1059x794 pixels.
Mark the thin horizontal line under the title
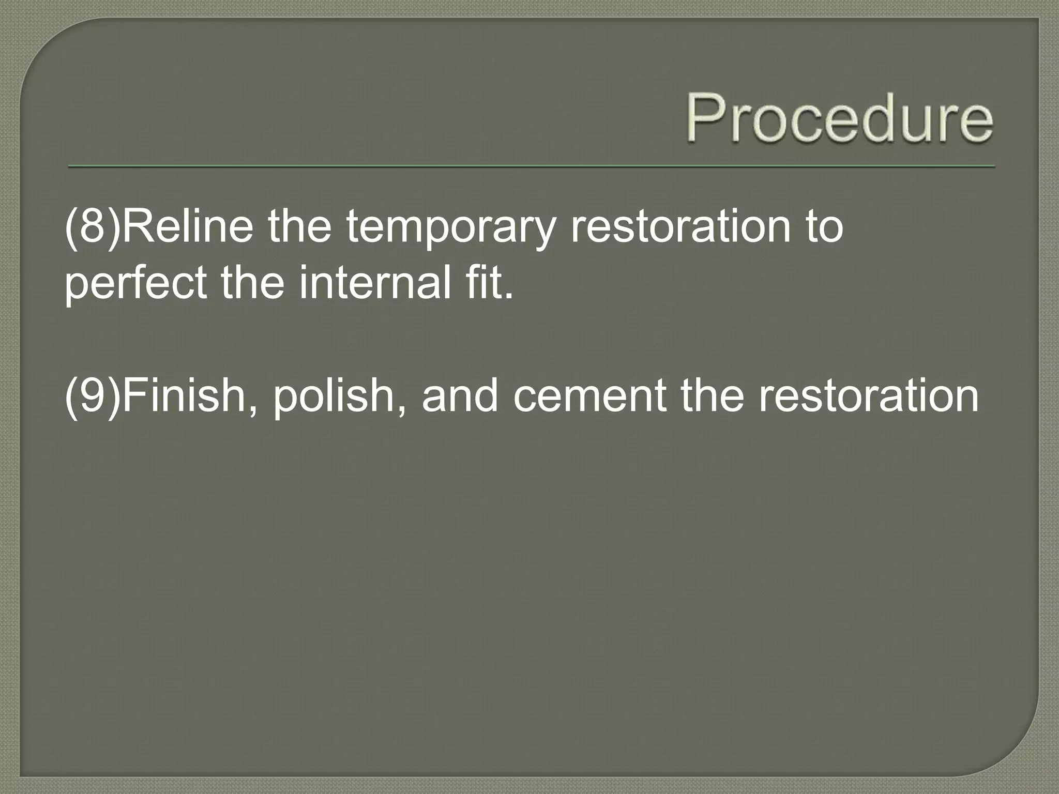tap(532, 166)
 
